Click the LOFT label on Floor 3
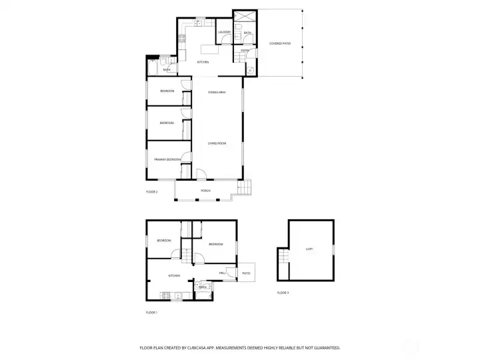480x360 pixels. pos(309,249)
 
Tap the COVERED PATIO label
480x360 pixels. pos(280,43)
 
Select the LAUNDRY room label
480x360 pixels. pos(224,32)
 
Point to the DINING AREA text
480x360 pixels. pos(217,92)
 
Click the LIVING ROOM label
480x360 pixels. pos(217,143)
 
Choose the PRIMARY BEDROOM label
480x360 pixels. pos(167,159)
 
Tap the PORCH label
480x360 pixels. pos(206,191)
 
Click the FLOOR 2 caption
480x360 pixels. pos(151,191)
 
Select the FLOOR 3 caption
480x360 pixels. pos(283,293)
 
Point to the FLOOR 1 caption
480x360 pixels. pos(151,312)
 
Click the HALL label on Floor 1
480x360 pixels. pos(223,273)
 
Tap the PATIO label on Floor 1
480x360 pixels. pos(246,273)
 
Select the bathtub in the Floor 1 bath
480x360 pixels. pos(202,295)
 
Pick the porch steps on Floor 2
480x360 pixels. pos(247,189)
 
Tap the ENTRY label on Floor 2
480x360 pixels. pos(245,50)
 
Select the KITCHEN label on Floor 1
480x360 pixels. pos(174,275)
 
